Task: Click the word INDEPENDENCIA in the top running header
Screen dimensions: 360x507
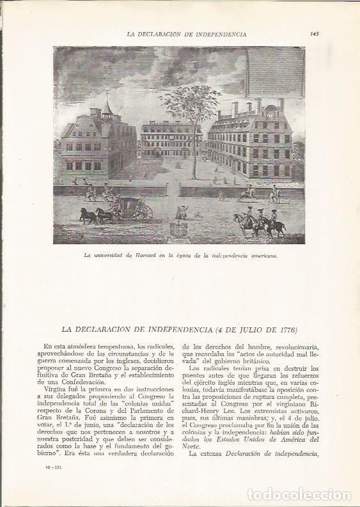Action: (219, 34)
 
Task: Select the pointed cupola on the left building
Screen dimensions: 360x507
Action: (107, 105)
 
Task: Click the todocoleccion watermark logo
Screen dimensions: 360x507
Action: (299, 494)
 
